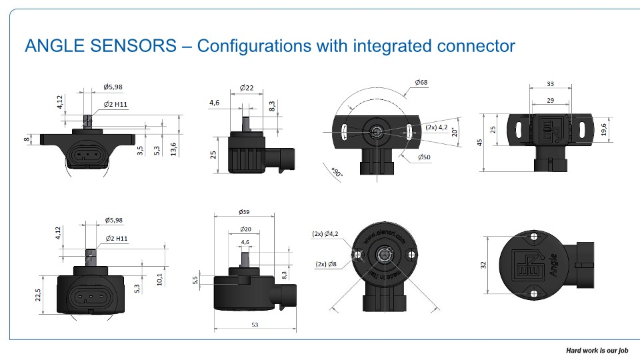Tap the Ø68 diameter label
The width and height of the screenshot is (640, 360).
[x=421, y=82]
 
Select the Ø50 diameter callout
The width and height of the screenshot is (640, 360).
[x=425, y=157]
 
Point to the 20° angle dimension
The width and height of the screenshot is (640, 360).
[x=455, y=131]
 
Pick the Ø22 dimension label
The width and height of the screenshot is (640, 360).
[x=246, y=88]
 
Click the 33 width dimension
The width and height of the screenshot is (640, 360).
[x=550, y=84]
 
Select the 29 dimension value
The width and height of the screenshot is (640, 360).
[x=550, y=99]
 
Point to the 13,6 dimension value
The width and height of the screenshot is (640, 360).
[x=174, y=147]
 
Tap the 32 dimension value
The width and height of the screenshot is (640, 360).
[x=484, y=264]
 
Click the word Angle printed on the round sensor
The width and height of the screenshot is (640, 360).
[x=553, y=267]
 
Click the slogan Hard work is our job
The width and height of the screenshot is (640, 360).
[x=597, y=350]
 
